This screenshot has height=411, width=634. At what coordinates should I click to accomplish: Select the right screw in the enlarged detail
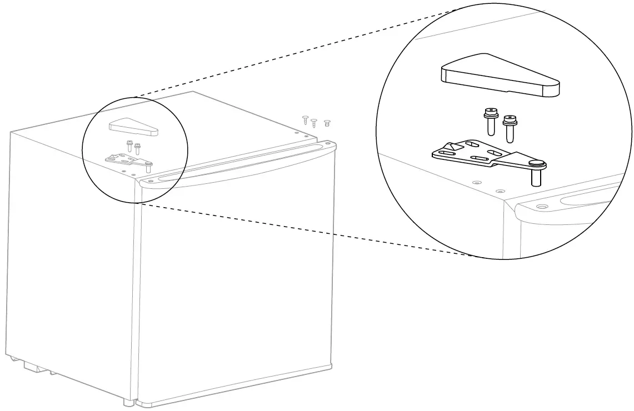(510, 127)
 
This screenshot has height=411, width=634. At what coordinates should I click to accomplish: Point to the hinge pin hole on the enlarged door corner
(541, 206)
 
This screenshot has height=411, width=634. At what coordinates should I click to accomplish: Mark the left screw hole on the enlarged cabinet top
(475, 182)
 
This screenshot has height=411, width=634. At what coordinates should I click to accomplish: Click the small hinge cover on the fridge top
(134, 127)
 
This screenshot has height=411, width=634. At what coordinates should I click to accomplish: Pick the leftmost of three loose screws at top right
(305, 119)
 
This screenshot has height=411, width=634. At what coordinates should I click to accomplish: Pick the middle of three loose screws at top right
(314, 123)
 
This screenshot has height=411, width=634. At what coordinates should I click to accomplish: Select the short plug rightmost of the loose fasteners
(327, 123)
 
